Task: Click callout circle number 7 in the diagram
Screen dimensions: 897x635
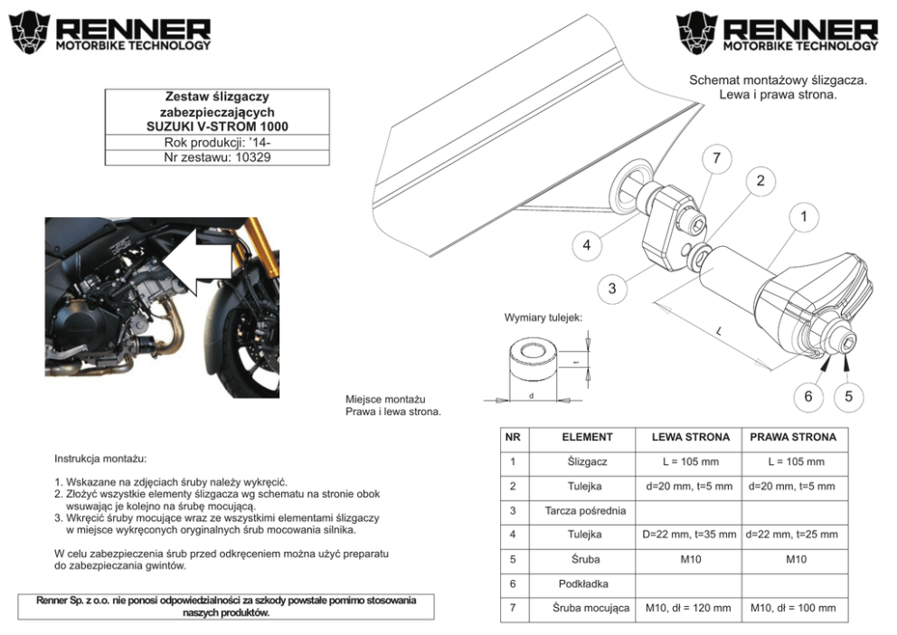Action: click(x=716, y=158)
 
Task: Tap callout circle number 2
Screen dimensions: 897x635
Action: click(x=760, y=180)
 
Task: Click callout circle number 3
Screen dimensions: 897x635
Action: click(x=612, y=289)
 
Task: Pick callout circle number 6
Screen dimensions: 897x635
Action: click(x=808, y=395)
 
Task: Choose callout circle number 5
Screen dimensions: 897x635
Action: click(x=848, y=395)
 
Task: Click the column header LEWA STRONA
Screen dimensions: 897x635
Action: click(x=687, y=437)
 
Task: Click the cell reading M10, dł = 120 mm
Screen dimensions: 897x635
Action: click(x=687, y=608)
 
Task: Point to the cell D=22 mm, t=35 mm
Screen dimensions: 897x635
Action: click(x=687, y=535)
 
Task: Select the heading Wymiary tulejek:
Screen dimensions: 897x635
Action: click(x=543, y=318)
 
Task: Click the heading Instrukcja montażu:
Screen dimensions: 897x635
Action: click(x=99, y=460)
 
